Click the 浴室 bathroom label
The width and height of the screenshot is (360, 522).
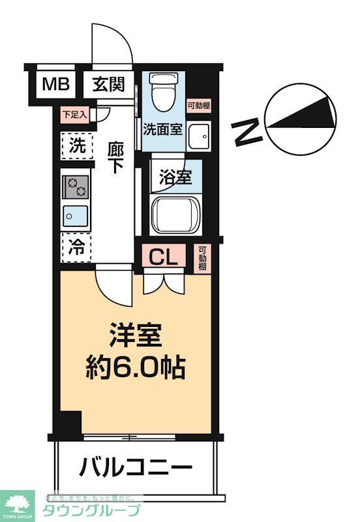(x=175, y=176)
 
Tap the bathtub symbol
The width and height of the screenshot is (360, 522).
(x=174, y=212)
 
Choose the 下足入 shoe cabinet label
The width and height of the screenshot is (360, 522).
(x=74, y=114)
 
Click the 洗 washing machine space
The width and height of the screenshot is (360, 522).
(x=77, y=147)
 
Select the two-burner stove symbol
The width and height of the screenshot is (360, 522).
(x=76, y=187)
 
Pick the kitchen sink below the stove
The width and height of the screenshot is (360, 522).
(x=76, y=214)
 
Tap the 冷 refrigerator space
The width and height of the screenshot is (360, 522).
(x=77, y=247)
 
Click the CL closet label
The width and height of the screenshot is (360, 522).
(x=164, y=256)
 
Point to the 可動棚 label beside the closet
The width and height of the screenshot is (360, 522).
(x=203, y=258)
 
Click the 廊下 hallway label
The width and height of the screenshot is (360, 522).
(x=115, y=157)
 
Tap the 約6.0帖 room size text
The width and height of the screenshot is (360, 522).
(x=137, y=369)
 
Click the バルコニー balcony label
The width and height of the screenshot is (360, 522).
(x=136, y=467)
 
